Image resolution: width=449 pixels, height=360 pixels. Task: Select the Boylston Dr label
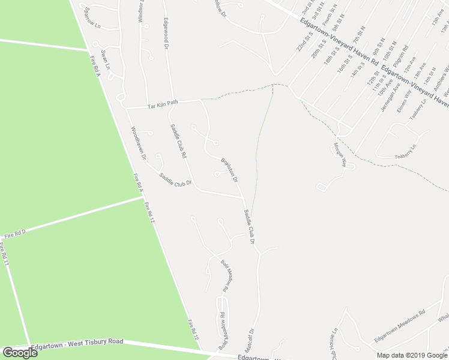tap(229, 169)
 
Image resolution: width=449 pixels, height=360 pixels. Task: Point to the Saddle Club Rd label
tap(178, 141)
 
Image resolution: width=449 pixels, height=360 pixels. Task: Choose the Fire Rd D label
tap(16, 234)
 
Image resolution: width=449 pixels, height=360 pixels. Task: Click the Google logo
tap(20, 352)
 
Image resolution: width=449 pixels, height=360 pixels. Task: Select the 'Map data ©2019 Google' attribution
tap(412, 355)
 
